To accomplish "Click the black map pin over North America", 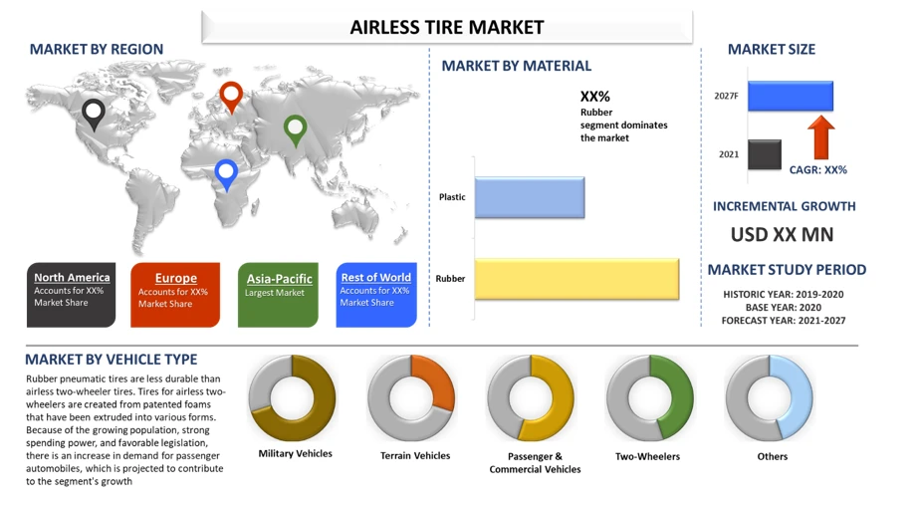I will (94, 114).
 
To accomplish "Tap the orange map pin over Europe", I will (231, 96).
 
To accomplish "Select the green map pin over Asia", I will (295, 129).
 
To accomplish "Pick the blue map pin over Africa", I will (227, 173).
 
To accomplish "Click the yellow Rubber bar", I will (576, 279).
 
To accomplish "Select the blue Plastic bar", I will (529, 197).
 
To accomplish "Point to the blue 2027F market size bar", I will (790, 97).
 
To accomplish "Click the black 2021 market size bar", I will (765, 154).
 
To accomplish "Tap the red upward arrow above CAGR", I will (821, 137).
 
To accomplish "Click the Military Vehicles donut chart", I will (292, 398).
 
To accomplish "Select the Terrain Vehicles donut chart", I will (411, 398).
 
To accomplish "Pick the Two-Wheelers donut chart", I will (650, 398).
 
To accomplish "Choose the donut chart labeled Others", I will (770, 398).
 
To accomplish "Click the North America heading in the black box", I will (72, 277).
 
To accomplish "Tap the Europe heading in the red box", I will (176, 278).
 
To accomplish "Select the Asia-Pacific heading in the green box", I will (280, 279).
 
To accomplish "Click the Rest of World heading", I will (375, 277).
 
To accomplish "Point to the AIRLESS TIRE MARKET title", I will (447, 27).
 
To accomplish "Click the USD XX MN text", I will (783, 235).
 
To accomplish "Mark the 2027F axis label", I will (726, 97).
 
